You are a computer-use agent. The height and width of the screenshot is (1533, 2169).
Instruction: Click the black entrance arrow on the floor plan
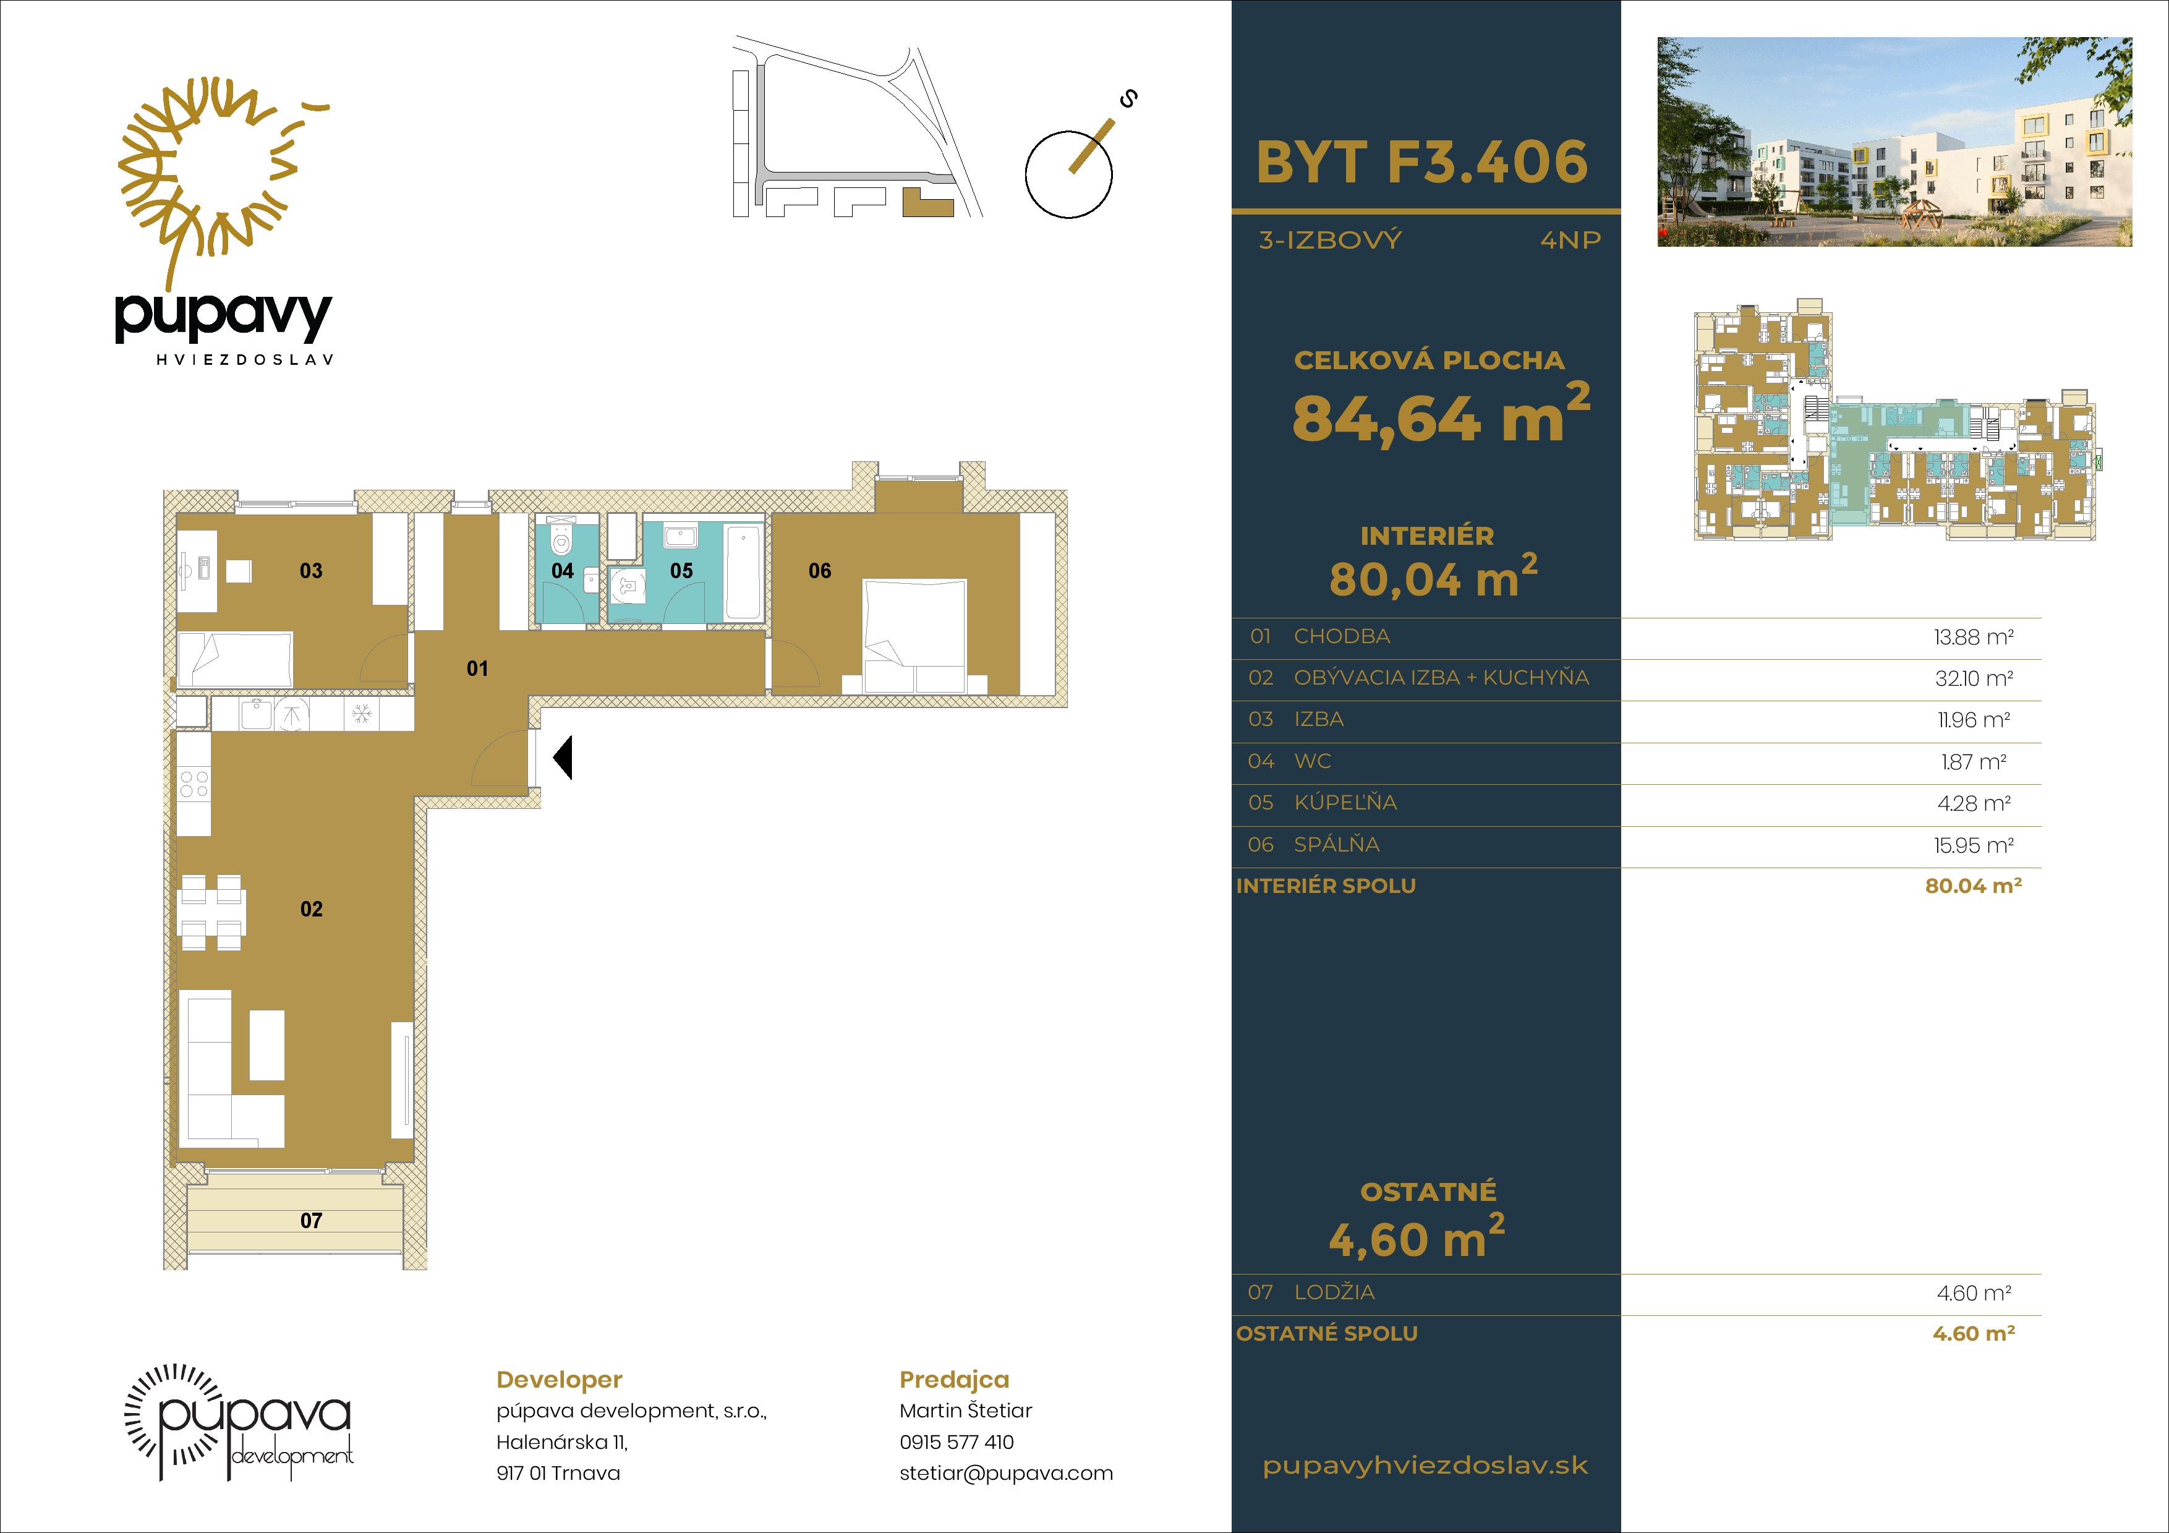tap(563, 758)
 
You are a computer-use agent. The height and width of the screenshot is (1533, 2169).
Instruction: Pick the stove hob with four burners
tap(194, 783)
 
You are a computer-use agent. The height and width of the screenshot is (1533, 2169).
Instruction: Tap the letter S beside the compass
tap(1127, 98)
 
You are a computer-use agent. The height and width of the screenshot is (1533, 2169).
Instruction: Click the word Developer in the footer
tap(560, 1380)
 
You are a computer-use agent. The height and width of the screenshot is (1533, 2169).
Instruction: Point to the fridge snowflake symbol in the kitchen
tap(362, 714)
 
